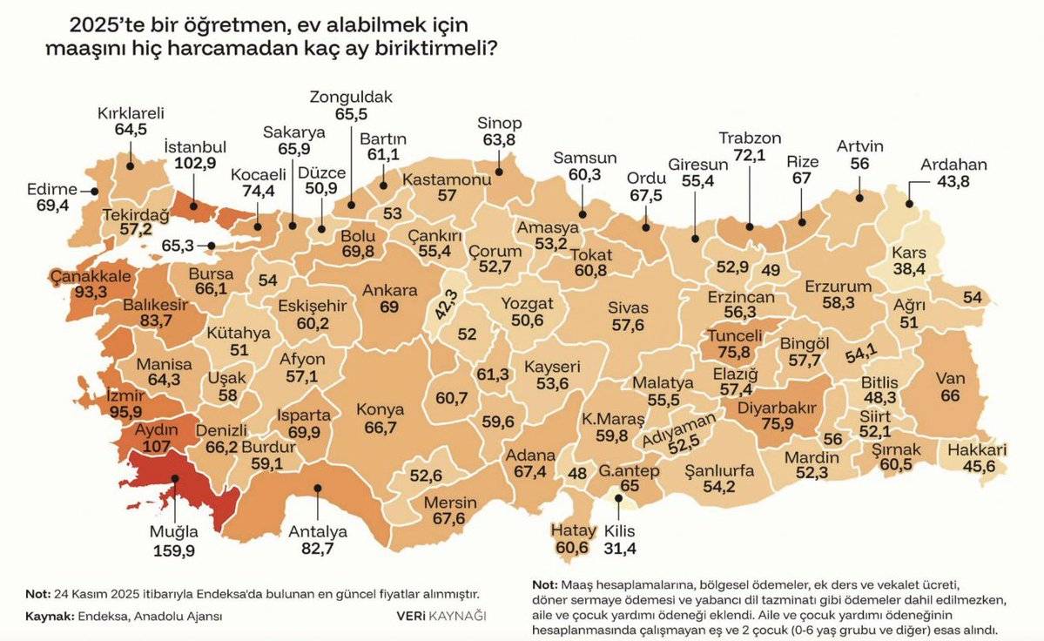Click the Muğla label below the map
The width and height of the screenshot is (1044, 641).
pyautogui.click(x=172, y=531)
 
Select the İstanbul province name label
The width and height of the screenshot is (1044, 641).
pyautogui.click(x=195, y=146)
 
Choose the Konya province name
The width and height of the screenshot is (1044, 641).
pyautogui.click(x=381, y=409)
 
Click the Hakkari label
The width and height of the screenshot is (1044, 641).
pyautogui.click(x=977, y=450)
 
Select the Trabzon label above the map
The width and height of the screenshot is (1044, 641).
pyautogui.click(x=750, y=138)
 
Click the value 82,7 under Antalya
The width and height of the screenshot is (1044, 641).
pyautogui.click(x=317, y=550)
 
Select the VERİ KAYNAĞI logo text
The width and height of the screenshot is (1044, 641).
pyautogui.click(x=441, y=615)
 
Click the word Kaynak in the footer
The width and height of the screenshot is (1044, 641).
pyautogui.click(x=47, y=615)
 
